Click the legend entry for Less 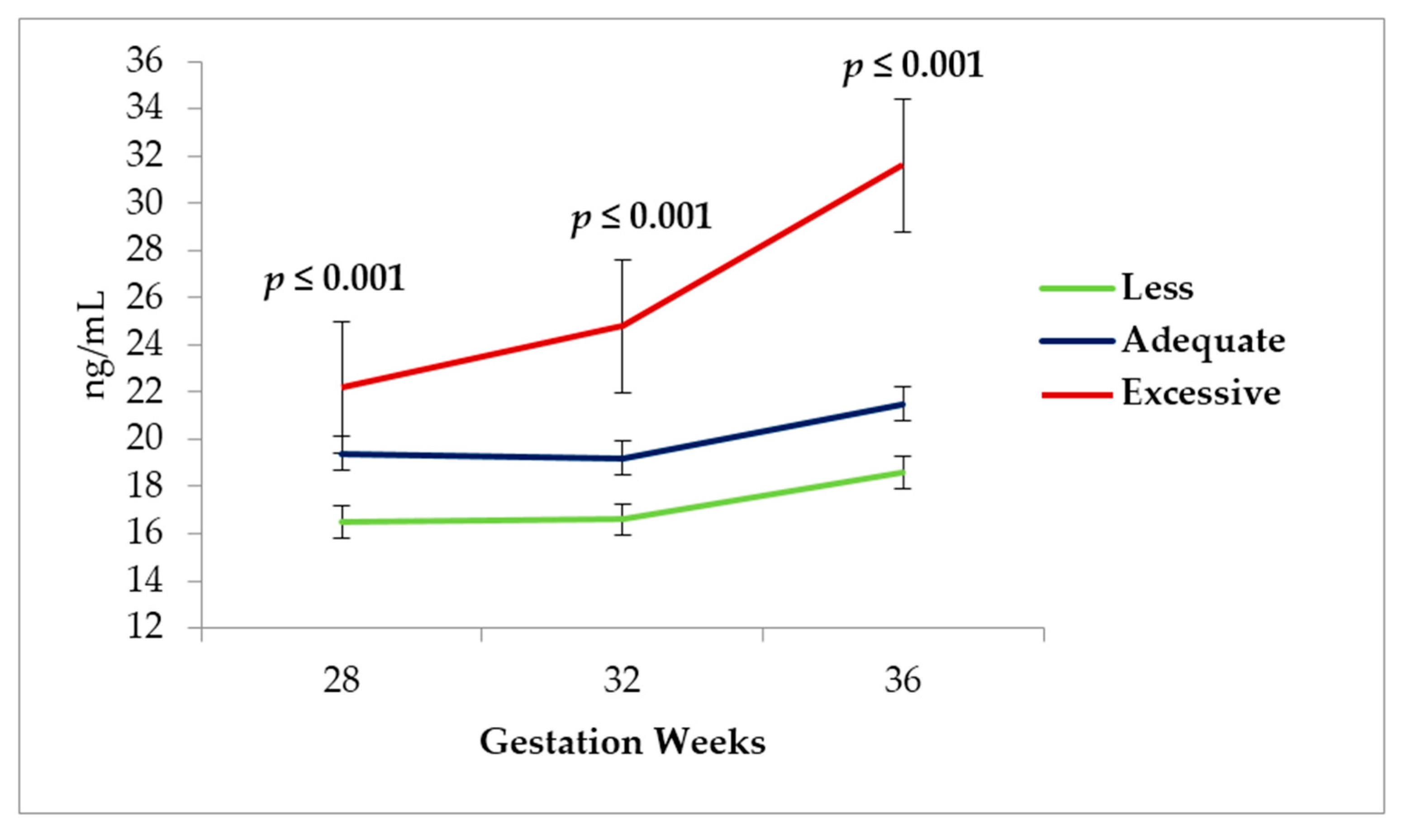click(x=1157, y=288)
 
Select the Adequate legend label click(x=1202, y=341)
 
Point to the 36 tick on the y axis click(x=144, y=62)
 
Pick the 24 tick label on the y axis click(x=144, y=345)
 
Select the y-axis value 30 click(x=144, y=203)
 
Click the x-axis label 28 click(x=341, y=680)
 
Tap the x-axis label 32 click(x=622, y=680)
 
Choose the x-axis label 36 click(x=903, y=680)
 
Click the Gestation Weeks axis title click(x=622, y=742)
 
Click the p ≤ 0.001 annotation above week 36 click(x=913, y=67)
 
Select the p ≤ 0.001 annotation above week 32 click(x=641, y=218)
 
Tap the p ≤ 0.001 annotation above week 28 click(x=334, y=280)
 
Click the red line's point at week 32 click(x=622, y=325)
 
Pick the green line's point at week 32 click(x=622, y=518)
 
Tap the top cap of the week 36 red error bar click(x=903, y=99)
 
